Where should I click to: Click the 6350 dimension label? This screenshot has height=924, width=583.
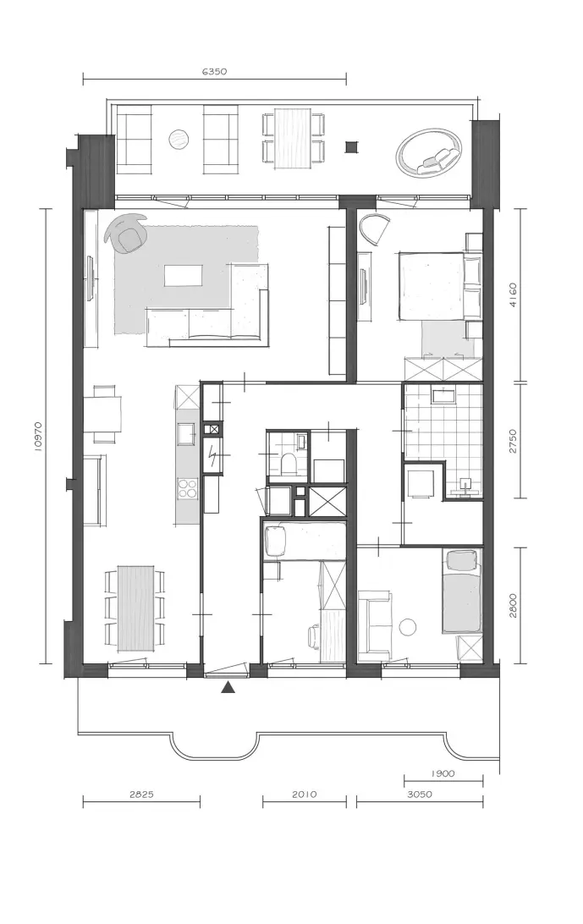pos(214,72)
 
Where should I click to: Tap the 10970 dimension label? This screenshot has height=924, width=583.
pos(38,436)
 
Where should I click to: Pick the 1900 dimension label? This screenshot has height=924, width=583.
pos(443,773)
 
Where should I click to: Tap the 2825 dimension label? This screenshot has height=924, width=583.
pos(141,794)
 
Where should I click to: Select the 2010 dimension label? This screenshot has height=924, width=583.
pos(304,794)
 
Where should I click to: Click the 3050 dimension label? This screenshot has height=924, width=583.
pos(420,794)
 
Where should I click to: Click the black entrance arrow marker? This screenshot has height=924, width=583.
pos(228,687)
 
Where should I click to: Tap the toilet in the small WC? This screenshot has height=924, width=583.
pos(289,464)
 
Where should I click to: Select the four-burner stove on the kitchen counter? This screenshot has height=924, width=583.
pos(188,489)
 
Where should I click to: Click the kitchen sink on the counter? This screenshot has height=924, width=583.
pos(188,435)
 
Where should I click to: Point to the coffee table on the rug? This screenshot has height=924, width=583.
pos(184,275)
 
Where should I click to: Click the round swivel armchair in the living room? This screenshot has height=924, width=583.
pos(127,234)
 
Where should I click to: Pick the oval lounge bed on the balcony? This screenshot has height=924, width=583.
pos(429,152)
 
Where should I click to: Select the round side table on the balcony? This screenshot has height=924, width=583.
pos(179,140)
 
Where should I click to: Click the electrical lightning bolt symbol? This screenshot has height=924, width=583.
pos(212,455)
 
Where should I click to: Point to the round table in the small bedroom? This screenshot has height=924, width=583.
pos(408,626)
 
